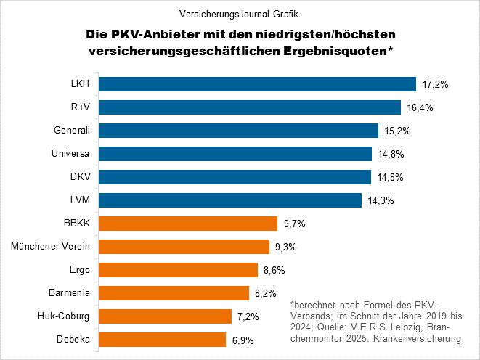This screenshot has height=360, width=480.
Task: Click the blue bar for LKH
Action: coord(256,84)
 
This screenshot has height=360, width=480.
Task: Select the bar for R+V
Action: coord(249,107)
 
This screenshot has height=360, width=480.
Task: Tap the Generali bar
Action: coord(238,131)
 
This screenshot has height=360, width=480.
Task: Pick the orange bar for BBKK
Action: coord(187,224)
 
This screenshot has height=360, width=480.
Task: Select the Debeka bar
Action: coord(162,340)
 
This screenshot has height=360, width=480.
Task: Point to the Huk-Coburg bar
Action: coord(165,316)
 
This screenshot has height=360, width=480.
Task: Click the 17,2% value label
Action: coord(435,85)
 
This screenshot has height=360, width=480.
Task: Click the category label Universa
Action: coord(73,154)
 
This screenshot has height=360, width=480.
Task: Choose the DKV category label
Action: coord(81,177)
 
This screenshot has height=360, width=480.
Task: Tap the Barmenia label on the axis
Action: coord(71,293)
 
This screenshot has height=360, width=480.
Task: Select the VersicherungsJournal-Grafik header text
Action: coord(240,13)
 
